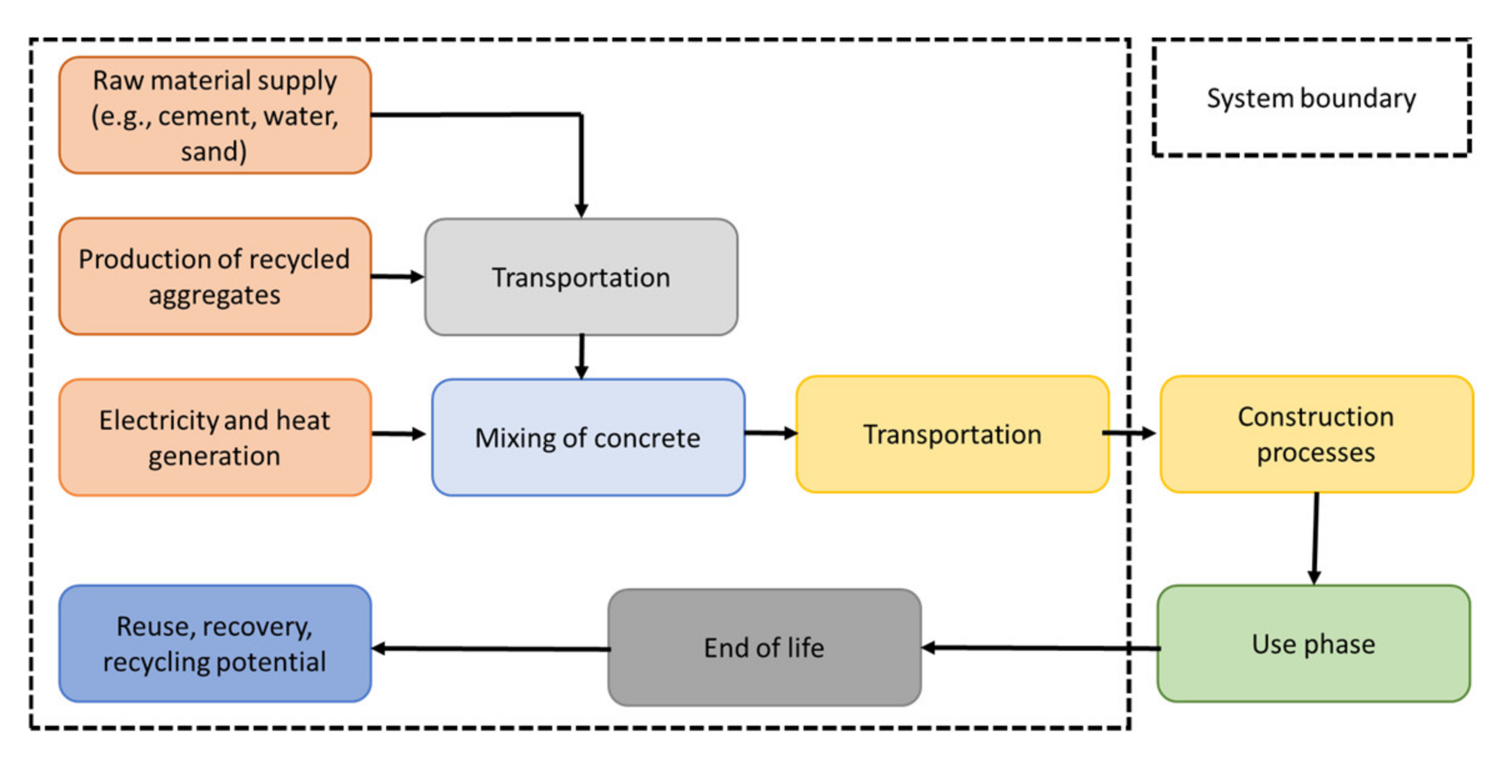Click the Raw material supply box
pos(215,116)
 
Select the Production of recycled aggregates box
pos(215,277)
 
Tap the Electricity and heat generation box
pos(215,437)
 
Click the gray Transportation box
pos(581,277)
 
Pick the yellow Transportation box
pos(952,435)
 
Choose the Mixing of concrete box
pos(588,437)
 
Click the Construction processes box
pos(1316,435)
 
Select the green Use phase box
pos(1313,644)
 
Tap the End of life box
pos(764,648)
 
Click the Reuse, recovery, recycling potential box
pos(215,644)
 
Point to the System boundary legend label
pos(1311,98)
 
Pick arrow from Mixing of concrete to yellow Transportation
pos(770,433)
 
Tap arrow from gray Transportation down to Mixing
pos(582,357)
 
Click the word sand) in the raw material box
pos(214,152)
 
